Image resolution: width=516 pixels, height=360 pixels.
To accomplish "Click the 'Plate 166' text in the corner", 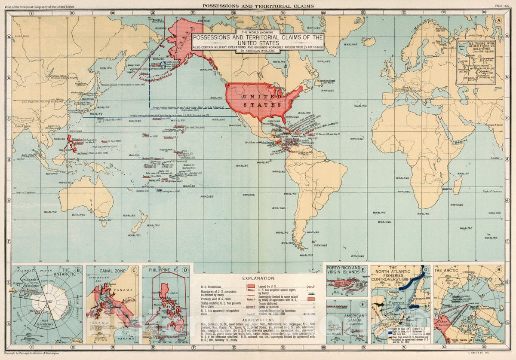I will click(x=502, y=6).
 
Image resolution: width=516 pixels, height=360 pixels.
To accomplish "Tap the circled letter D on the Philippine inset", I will click(x=185, y=271).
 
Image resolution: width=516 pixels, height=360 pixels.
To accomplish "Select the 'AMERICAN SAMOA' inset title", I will click(x=355, y=318).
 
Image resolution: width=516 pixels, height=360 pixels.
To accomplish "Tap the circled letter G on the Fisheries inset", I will click(x=425, y=270).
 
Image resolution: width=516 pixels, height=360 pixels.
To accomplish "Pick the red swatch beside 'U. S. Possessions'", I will click(x=250, y=286).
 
